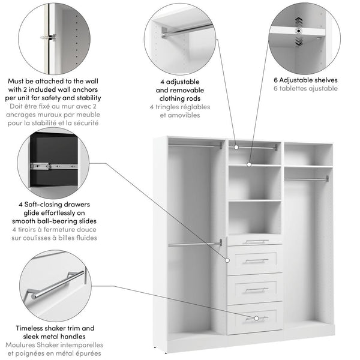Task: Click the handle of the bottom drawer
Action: (256, 318)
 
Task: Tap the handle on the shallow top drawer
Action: (256, 242)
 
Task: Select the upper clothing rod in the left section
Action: (195, 145)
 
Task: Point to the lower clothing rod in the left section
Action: (195, 244)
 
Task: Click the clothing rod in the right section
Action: (306, 178)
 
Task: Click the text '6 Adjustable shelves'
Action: (305, 80)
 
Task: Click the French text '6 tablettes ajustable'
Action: (305, 89)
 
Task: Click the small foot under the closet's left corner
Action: (157, 347)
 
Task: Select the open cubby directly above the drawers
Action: (255, 217)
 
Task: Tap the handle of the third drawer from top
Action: (256, 290)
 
